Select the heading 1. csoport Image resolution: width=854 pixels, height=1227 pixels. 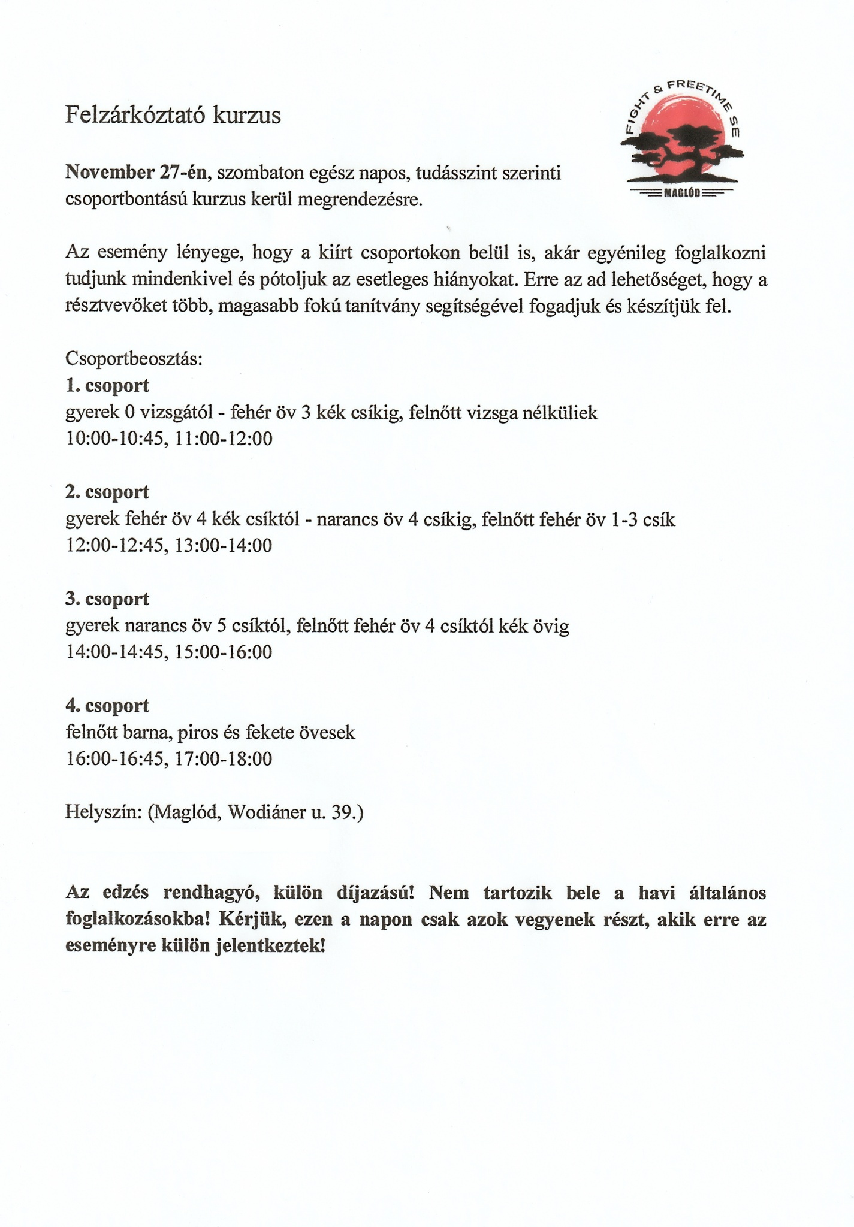pos(107,386)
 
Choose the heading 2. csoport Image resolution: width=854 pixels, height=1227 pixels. pos(107,492)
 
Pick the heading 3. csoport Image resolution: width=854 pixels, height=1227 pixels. pos(107,599)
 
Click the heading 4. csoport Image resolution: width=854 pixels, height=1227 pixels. pos(107,706)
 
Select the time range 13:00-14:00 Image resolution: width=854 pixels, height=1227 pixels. pos(224,546)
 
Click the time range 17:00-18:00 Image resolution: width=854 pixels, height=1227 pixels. pos(224,759)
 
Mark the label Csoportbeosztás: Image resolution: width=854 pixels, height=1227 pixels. pos(134,359)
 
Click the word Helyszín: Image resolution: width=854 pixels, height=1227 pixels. pos(103,812)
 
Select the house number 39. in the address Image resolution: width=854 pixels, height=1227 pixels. pos(347,812)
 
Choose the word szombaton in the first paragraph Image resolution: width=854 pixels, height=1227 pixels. pos(259,173)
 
